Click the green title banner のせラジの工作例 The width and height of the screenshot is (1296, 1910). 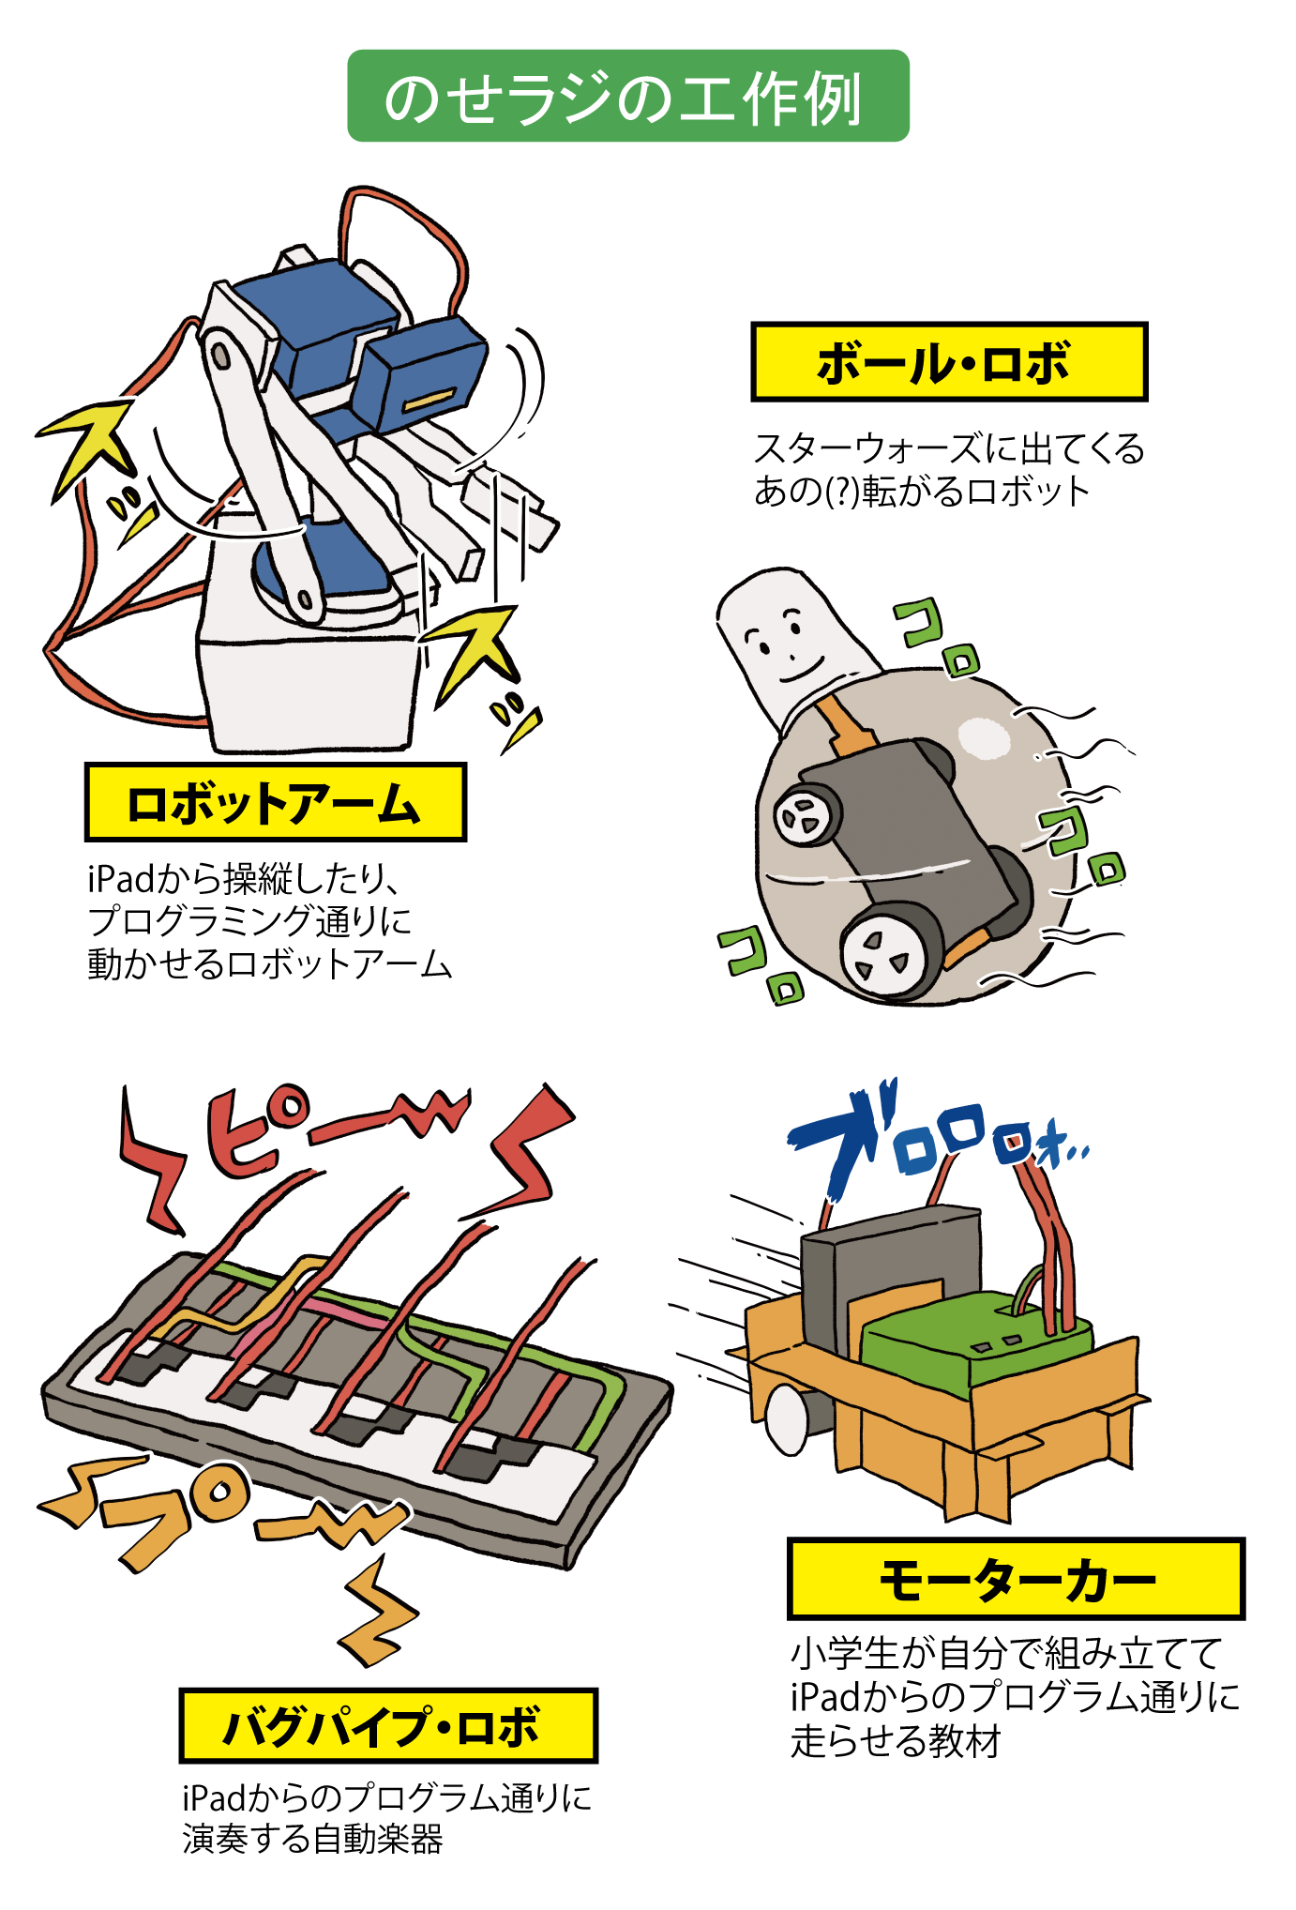coord(628,96)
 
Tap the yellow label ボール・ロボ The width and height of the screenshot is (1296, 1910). coord(949,362)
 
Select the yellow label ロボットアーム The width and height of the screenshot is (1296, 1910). coord(275,802)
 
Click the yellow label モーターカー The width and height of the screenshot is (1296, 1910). coord(1016,1579)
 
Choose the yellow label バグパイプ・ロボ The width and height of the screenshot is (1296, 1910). coord(388,1725)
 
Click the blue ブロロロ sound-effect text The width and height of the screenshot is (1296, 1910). coord(928,1135)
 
